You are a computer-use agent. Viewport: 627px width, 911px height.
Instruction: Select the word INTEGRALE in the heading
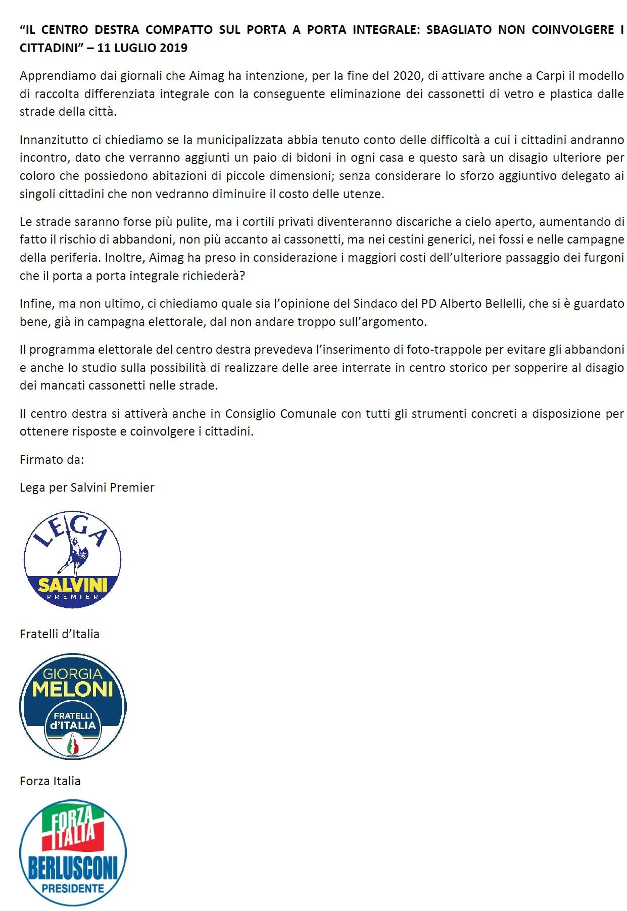pos(386,30)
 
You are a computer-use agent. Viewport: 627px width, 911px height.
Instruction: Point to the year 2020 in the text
pos(407,76)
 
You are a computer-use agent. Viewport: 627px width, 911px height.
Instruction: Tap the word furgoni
pos(604,258)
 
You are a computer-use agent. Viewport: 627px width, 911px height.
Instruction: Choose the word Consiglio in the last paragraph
pos(251,414)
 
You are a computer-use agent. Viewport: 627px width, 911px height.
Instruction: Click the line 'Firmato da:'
pos(52,460)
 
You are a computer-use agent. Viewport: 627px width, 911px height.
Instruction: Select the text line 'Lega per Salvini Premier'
pos(87,488)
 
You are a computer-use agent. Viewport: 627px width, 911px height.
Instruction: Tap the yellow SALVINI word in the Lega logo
pos(73,585)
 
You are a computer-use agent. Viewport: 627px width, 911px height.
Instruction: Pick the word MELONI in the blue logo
pos(73,690)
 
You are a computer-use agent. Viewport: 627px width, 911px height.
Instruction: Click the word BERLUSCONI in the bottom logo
pos(73,868)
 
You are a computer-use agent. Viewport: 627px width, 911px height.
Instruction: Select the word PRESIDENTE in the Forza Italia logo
pos(73,888)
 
